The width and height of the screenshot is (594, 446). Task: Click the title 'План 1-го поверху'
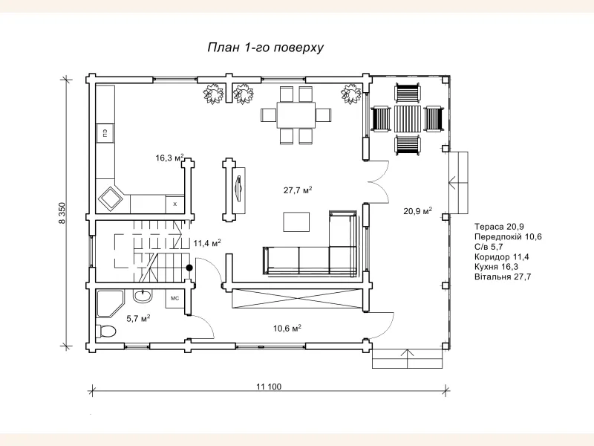tap(266, 48)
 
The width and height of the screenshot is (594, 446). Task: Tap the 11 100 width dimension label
tap(269, 387)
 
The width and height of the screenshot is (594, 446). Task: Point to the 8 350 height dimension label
tap(62, 213)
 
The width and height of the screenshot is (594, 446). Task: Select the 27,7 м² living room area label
tap(298, 190)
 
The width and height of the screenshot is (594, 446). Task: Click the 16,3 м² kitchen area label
tap(170, 158)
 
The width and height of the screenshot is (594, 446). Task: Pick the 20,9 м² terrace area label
tap(418, 211)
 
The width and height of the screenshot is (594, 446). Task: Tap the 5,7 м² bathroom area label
tap(138, 319)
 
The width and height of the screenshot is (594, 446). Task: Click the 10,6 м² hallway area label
tap(287, 328)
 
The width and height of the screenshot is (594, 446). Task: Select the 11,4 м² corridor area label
tap(207, 243)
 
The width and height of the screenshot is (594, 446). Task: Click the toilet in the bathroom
tap(105, 331)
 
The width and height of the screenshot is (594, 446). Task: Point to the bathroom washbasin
tap(143, 296)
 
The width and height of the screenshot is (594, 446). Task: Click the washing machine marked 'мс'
tap(174, 299)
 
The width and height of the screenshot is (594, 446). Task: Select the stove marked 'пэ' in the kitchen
tap(105, 133)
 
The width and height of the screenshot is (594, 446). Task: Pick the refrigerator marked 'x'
tap(175, 204)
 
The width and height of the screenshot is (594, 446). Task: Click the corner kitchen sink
tap(111, 198)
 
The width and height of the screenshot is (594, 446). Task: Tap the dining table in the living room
tap(296, 115)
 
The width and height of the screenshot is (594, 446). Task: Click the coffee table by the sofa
tap(296, 222)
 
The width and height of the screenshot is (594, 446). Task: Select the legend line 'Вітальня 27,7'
tap(503, 277)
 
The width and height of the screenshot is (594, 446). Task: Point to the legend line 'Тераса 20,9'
tap(499, 227)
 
